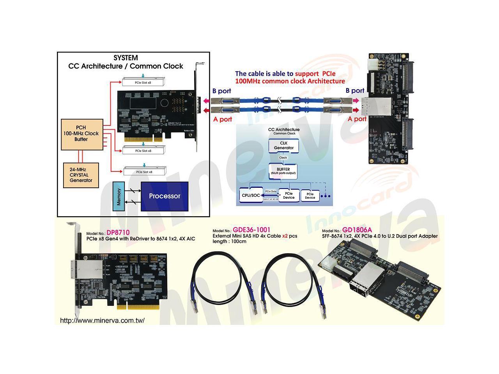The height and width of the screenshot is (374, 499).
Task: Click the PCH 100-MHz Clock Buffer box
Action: [81, 133]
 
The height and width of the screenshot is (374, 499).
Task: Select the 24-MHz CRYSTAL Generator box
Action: [81, 175]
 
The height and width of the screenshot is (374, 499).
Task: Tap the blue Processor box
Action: [165, 196]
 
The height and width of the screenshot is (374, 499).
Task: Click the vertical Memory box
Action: [119, 196]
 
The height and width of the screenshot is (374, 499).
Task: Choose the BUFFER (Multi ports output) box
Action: [283, 171]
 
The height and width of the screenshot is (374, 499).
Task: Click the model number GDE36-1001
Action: [251, 230]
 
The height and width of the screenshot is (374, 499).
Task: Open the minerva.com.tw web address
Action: [103, 321]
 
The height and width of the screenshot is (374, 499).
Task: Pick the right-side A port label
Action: [357, 119]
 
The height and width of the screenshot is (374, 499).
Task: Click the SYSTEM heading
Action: [126, 58]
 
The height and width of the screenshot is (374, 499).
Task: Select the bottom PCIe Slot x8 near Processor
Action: [144, 171]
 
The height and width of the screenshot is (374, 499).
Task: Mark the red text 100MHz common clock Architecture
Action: [290, 81]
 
